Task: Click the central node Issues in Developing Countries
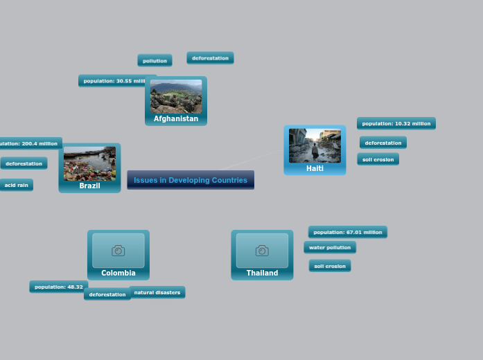point(191,180)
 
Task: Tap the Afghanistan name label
point(176,119)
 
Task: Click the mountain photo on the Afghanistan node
point(176,96)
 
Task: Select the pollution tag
point(155,61)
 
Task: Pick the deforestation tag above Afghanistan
point(210,58)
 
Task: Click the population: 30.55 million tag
point(114,81)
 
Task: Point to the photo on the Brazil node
point(89,163)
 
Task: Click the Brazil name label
point(89,186)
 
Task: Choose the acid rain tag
point(16,185)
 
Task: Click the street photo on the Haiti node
point(315,145)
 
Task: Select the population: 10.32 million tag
point(396,123)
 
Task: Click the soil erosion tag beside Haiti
point(378,159)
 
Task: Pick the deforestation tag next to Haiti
point(383,143)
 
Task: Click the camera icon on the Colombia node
point(118,250)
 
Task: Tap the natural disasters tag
point(157,292)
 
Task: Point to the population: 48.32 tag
point(58,287)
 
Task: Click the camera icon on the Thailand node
point(262,250)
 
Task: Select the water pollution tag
point(330,247)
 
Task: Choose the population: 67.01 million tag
point(348,232)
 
